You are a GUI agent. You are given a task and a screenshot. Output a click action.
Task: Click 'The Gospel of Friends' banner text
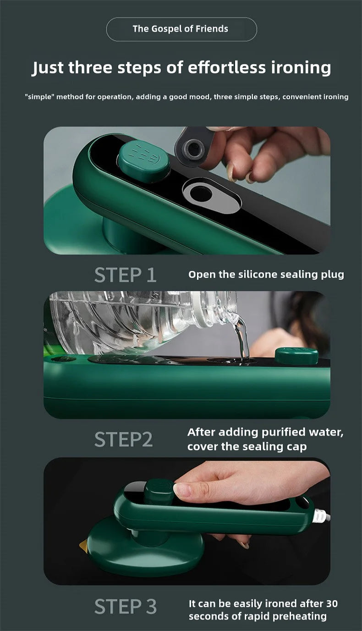point(181,29)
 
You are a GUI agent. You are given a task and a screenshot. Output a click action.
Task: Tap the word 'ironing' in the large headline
point(301,67)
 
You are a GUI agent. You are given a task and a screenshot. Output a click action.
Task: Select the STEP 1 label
point(125,275)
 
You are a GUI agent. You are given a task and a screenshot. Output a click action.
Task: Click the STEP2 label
point(123,439)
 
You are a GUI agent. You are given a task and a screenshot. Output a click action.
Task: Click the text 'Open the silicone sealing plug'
point(266,275)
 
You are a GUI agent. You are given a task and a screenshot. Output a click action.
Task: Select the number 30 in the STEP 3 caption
point(332,603)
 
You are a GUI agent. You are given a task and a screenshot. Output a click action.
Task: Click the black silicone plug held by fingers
point(194,148)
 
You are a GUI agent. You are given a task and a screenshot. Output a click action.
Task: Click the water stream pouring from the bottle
point(241,338)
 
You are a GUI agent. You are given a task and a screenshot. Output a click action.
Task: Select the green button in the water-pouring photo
point(296,356)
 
